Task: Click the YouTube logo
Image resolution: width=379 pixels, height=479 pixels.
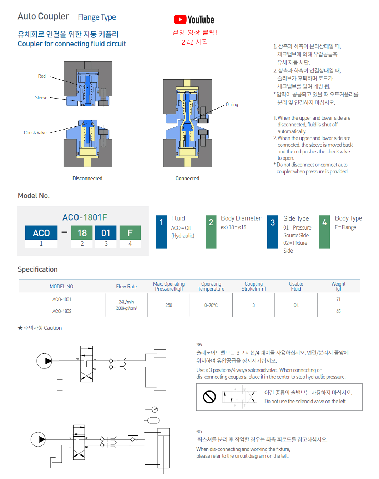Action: click(x=194, y=20)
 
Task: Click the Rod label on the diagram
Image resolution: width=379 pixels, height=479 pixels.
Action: click(x=42, y=76)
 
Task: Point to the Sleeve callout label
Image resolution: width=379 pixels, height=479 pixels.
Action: click(x=41, y=98)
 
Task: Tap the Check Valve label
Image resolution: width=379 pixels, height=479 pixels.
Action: click(x=35, y=133)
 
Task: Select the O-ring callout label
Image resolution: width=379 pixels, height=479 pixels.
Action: click(x=232, y=105)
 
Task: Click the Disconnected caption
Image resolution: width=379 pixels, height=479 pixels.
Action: click(x=87, y=178)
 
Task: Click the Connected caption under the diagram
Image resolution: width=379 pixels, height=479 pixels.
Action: click(x=187, y=178)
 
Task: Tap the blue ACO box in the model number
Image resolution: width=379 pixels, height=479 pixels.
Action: click(x=41, y=233)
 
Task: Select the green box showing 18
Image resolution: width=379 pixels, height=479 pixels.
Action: click(x=82, y=233)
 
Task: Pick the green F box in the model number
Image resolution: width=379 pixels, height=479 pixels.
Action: click(x=130, y=233)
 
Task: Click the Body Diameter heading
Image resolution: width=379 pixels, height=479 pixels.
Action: click(x=241, y=218)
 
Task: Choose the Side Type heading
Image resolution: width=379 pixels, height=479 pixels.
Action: click(x=296, y=218)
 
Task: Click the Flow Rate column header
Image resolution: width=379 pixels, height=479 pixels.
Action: click(x=126, y=287)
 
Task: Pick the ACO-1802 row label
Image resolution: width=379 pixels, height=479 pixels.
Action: click(x=62, y=311)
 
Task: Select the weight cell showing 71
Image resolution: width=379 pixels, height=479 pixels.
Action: click(x=338, y=299)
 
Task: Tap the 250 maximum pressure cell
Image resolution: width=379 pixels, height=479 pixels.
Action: click(x=169, y=306)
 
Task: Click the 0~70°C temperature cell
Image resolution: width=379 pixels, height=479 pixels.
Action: click(x=211, y=306)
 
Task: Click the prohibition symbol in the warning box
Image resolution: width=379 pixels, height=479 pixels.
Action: click(x=209, y=397)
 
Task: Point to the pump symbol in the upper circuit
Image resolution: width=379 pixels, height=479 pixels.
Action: click(x=45, y=361)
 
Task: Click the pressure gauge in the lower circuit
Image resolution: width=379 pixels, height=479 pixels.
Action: click(x=155, y=409)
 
